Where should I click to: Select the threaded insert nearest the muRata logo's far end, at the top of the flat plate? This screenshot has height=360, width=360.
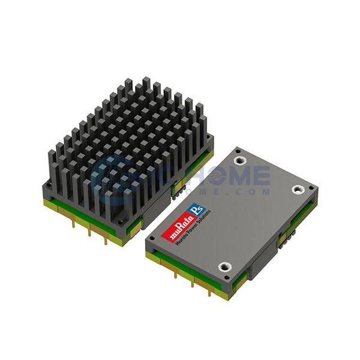[x=241, y=160]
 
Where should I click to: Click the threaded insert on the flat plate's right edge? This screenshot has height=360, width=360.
[x=298, y=189]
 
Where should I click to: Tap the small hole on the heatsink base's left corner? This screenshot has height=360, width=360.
[x=47, y=188]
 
